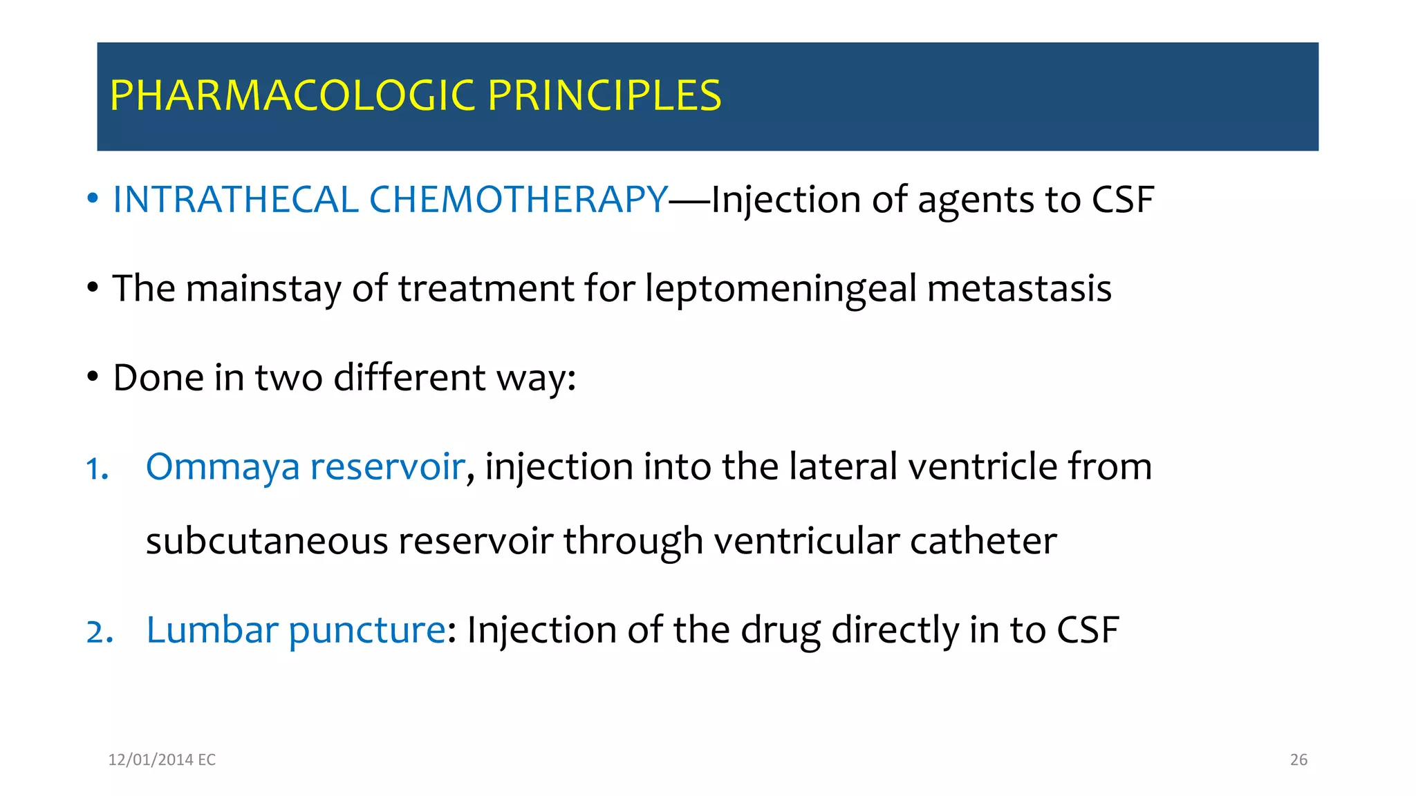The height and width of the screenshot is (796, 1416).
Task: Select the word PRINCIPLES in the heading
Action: [604, 95]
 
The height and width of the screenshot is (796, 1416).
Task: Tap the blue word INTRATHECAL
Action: [235, 200]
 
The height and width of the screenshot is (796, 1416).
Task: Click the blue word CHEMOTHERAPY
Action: [519, 200]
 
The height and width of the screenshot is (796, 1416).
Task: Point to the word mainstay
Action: [263, 288]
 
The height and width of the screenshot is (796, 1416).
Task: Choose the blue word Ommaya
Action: [223, 467]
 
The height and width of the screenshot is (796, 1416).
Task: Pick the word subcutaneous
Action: [267, 540]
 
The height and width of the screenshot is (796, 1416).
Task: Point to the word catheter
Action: [983, 540]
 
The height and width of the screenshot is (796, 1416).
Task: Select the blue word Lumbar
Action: [212, 629]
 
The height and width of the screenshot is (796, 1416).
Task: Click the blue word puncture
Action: [366, 631]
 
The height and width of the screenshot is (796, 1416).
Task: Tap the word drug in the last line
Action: [781, 631]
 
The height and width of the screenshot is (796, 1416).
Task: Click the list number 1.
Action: [96, 469]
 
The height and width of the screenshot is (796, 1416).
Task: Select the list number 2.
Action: [99, 632]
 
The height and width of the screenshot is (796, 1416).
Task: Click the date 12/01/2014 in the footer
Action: [150, 759]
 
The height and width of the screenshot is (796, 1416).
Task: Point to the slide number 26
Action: [1298, 759]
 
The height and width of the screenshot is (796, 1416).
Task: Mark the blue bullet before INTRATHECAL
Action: [93, 199]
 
